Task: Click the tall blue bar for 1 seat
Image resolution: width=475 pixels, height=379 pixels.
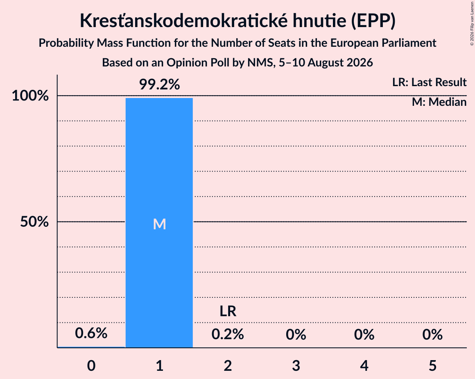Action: [x=159, y=223]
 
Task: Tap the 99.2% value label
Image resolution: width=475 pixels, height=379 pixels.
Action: [x=159, y=84]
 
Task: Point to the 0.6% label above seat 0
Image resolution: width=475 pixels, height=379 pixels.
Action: [x=91, y=333]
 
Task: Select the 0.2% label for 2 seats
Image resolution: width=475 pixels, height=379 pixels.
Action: [x=228, y=334]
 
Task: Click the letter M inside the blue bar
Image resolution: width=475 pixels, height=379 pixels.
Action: [x=159, y=224]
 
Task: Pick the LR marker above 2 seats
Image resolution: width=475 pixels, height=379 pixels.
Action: [x=228, y=311]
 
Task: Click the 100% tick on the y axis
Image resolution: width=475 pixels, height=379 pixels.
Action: [x=30, y=96]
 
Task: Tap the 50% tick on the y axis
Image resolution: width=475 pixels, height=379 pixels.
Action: [x=34, y=222]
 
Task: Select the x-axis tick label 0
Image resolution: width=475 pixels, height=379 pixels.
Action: [x=91, y=365]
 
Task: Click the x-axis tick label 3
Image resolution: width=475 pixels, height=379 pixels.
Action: [x=296, y=365]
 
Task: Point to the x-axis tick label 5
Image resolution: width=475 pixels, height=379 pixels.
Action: [x=432, y=365]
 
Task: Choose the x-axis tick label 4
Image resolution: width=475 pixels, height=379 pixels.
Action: [x=364, y=365]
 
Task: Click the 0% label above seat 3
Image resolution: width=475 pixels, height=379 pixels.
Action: [x=296, y=334]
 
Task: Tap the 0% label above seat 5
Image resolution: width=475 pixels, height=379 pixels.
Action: [x=432, y=334]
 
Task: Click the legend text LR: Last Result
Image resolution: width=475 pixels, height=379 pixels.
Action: [x=430, y=82]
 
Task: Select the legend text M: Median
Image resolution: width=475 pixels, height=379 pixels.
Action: [x=439, y=102]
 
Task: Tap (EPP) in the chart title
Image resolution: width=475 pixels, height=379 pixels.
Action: [x=373, y=21]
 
